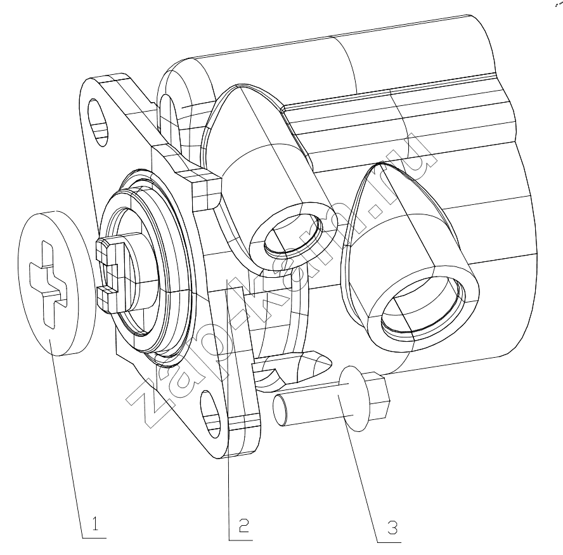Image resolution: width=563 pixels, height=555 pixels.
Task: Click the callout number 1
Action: coord(95,524)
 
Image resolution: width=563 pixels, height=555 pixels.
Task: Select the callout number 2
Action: coord(244,526)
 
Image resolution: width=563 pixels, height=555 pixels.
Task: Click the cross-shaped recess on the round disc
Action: coord(48,285)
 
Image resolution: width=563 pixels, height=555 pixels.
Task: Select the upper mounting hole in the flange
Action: coord(98,121)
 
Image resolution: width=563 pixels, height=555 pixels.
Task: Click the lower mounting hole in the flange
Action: coord(211,414)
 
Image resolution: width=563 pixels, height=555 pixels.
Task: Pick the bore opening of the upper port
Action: coord(293,235)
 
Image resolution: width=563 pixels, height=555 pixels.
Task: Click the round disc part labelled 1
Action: coord(56,283)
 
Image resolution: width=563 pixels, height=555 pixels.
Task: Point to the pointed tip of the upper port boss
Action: coord(239,86)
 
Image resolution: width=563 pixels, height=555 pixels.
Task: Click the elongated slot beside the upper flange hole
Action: coord(167,115)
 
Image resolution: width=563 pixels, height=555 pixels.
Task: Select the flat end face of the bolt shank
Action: coord(280,410)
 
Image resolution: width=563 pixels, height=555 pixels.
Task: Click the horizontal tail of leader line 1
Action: coord(94,538)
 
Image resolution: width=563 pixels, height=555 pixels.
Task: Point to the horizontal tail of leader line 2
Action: coord(241,540)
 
